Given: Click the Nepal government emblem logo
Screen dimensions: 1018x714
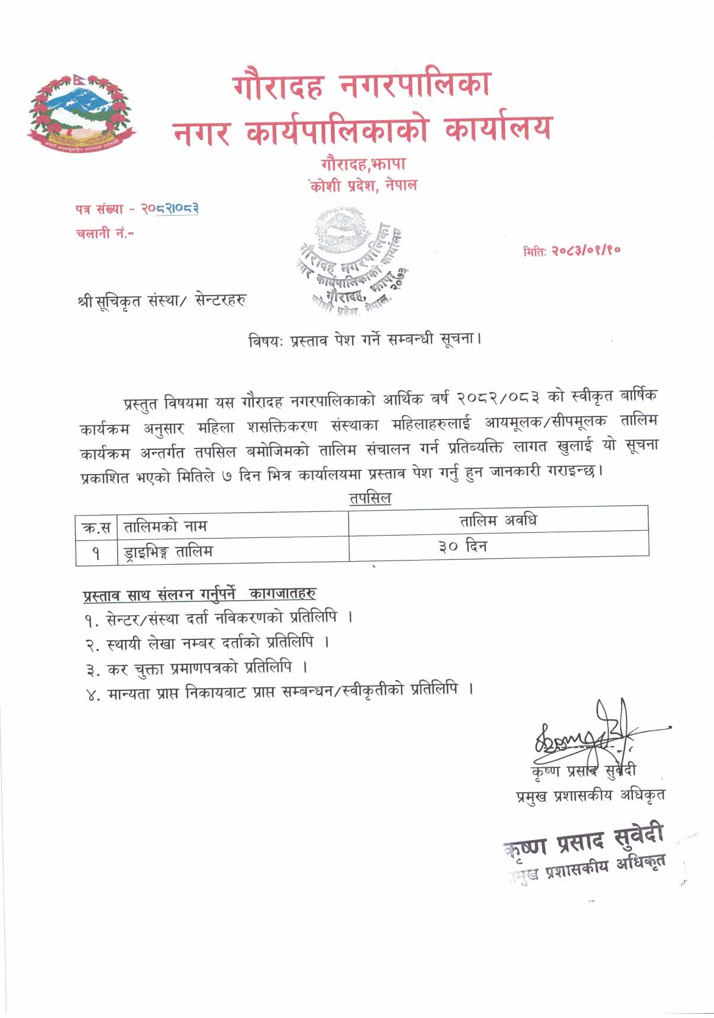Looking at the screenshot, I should [82, 113].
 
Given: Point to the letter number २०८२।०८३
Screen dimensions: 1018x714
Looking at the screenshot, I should [169, 209].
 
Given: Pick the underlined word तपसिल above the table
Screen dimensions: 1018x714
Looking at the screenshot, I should [370, 498].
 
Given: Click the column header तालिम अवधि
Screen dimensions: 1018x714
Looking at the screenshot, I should [498, 521].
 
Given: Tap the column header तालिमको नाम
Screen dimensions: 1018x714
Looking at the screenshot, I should [165, 526].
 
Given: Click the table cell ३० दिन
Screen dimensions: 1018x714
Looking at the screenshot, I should [463, 546].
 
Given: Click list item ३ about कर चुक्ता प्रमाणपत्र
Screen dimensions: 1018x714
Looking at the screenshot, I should [196, 668].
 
